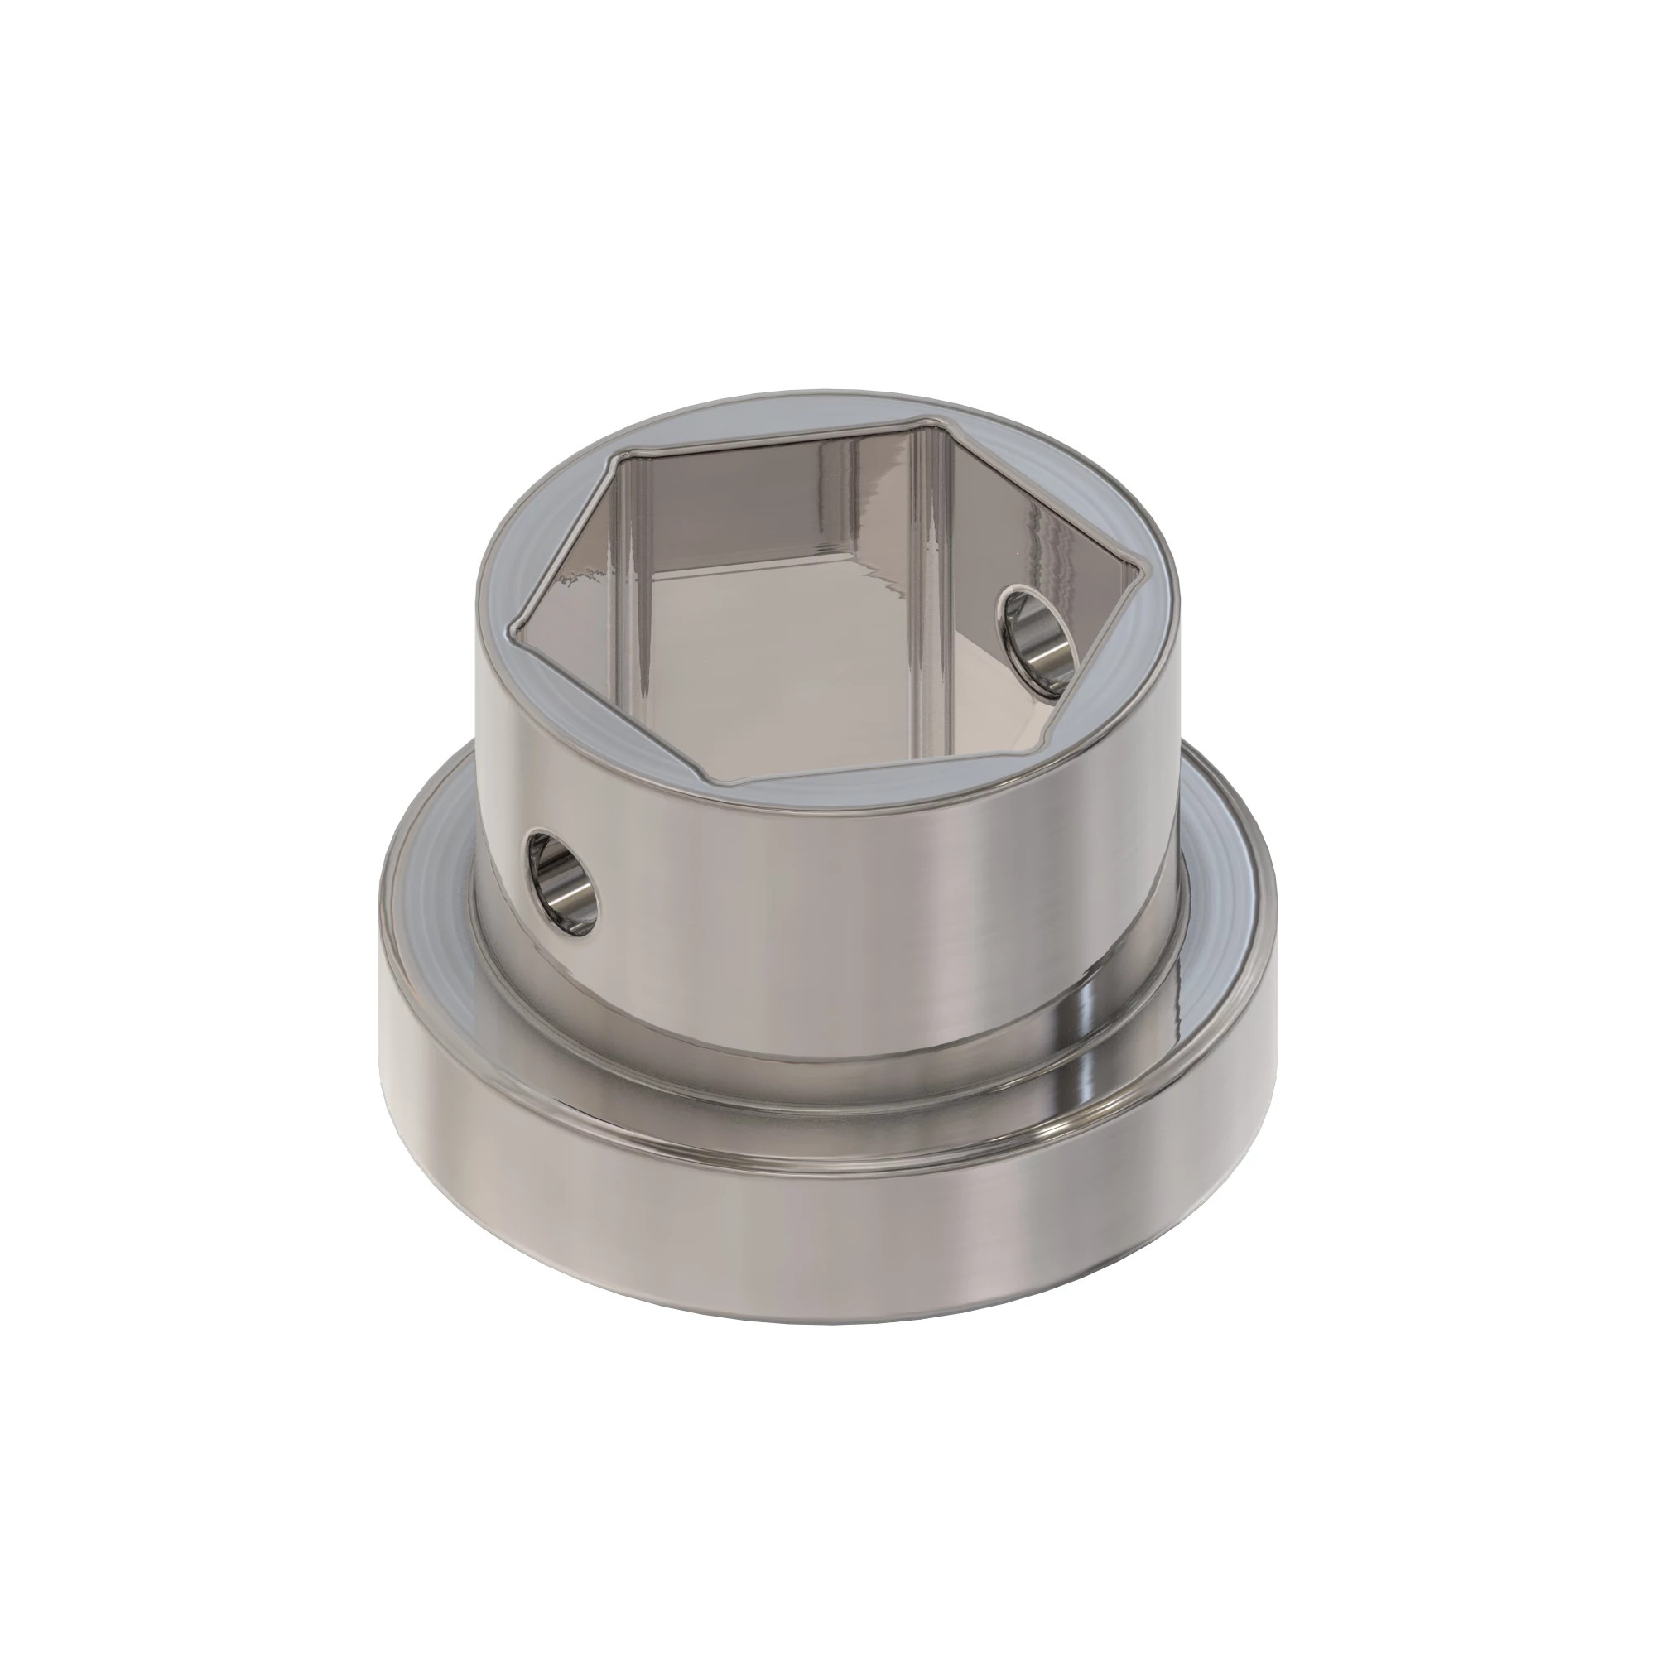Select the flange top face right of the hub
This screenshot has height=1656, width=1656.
(1225, 883)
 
